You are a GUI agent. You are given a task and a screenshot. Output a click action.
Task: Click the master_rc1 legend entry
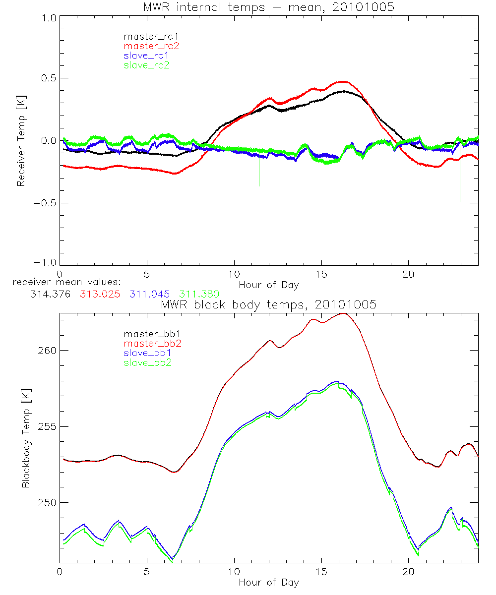tap(146, 36)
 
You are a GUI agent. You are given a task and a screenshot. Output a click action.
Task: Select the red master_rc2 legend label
tap(151, 46)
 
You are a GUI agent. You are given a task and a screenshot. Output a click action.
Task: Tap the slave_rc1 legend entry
tap(146, 55)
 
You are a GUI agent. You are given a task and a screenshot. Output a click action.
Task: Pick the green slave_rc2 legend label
tap(146, 64)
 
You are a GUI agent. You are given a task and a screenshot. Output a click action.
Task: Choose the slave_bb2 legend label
tap(145, 363)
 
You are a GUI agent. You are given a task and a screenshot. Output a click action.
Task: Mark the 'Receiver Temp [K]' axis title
tap(21, 140)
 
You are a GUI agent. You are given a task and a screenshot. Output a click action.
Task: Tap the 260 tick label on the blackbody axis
tap(46, 350)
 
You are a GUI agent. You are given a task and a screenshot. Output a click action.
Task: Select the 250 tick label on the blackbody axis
tap(46, 503)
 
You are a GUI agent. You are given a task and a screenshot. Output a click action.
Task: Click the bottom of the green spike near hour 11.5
tap(259, 185)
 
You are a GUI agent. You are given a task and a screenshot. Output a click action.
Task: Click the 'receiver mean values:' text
tap(63, 283)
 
